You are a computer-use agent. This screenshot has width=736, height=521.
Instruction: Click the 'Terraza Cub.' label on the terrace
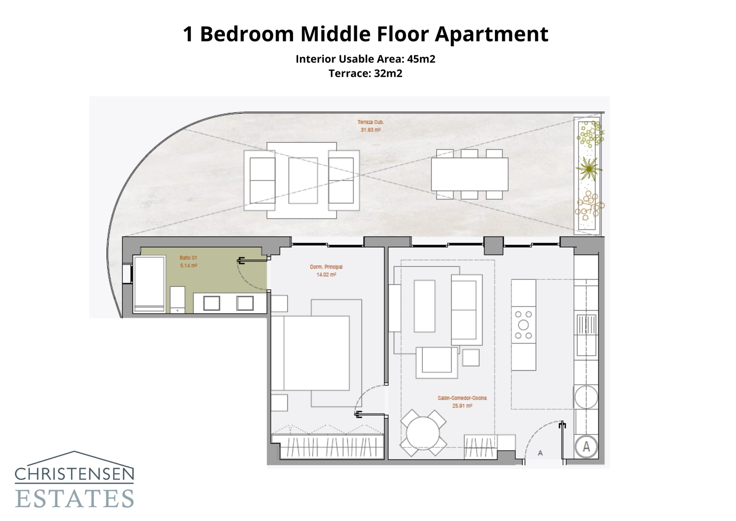(370, 122)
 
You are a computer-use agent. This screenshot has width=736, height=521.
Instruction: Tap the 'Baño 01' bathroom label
(188, 258)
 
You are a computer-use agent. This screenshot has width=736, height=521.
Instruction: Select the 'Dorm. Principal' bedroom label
(326, 267)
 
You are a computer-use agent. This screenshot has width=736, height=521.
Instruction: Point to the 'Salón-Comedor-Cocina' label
(462, 398)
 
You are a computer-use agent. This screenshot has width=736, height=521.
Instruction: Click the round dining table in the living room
(423, 433)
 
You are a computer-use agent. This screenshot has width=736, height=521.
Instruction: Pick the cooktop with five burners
(523, 325)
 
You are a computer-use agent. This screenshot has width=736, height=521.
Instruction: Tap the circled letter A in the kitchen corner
(586, 446)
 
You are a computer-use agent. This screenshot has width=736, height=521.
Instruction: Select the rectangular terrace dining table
(470, 174)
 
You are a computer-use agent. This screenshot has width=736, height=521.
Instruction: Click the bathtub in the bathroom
(149, 284)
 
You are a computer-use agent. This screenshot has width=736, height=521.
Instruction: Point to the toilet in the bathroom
(178, 299)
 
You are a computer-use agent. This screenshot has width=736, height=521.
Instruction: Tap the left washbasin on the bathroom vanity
(212, 303)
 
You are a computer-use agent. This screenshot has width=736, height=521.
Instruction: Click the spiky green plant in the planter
(588, 170)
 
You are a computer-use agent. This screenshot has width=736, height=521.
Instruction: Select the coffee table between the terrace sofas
(303, 180)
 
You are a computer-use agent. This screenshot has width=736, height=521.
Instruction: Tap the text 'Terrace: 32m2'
(365, 74)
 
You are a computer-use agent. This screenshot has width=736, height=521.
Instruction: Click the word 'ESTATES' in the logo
(75, 499)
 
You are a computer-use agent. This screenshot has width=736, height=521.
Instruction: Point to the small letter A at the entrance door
(540, 453)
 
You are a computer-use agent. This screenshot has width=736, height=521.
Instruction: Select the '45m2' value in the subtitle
(421, 59)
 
